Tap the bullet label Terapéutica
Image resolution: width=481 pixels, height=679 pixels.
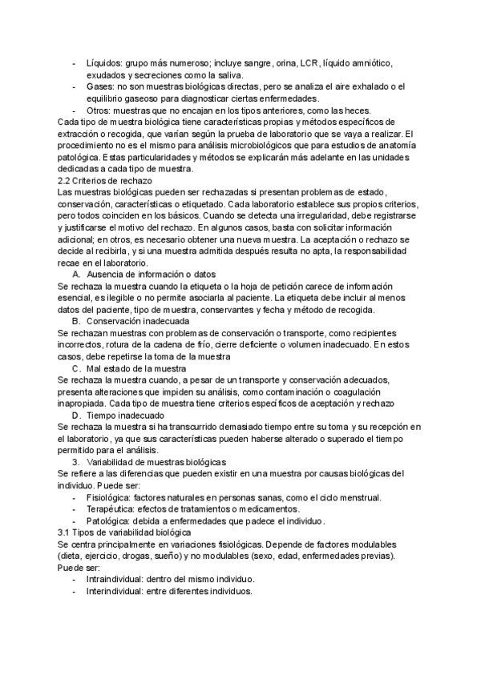click(x=110, y=509)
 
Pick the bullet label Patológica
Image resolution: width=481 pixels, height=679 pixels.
click(x=107, y=520)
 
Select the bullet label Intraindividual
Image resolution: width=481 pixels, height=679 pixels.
click(x=114, y=580)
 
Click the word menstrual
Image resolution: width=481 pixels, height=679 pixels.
click(x=359, y=497)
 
